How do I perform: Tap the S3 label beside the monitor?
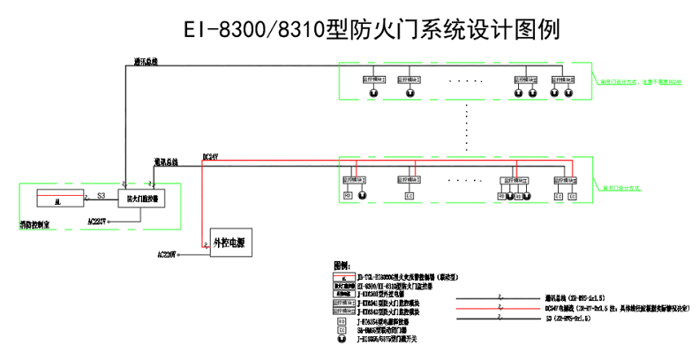[x=101, y=195]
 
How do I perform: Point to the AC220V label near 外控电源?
[x=167, y=254]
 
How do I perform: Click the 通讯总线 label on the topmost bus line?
[x=146, y=62]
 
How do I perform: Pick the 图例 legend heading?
[x=343, y=265]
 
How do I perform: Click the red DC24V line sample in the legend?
[x=499, y=308]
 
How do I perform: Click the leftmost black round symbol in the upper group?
[x=373, y=93]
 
